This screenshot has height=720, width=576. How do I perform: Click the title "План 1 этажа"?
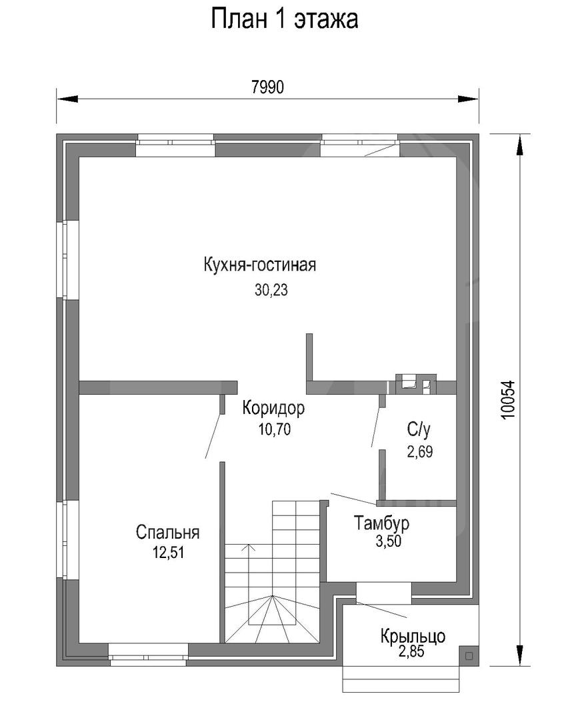point(284,20)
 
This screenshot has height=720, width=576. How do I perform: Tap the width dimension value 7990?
point(268,87)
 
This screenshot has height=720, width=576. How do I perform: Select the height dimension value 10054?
point(508,399)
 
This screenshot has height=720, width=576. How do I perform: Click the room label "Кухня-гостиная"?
point(259,265)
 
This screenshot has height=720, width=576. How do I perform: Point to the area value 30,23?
point(271,290)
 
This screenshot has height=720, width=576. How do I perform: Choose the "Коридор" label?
point(274,408)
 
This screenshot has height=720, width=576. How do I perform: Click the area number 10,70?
point(274,429)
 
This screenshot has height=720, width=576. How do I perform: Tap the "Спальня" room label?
point(167,532)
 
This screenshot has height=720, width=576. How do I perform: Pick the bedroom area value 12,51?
point(169,553)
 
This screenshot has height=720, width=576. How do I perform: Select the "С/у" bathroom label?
point(419,430)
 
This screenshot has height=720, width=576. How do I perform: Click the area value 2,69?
point(420,452)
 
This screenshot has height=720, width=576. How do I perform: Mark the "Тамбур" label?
point(381,523)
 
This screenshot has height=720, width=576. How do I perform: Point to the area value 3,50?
point(389,541)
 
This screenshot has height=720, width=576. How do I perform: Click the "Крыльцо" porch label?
point(413,637)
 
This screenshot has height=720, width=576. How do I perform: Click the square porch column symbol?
point(469,656)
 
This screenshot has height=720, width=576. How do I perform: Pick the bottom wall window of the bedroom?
point(149,655)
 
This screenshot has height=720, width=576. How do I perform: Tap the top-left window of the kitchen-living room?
point(175,145)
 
